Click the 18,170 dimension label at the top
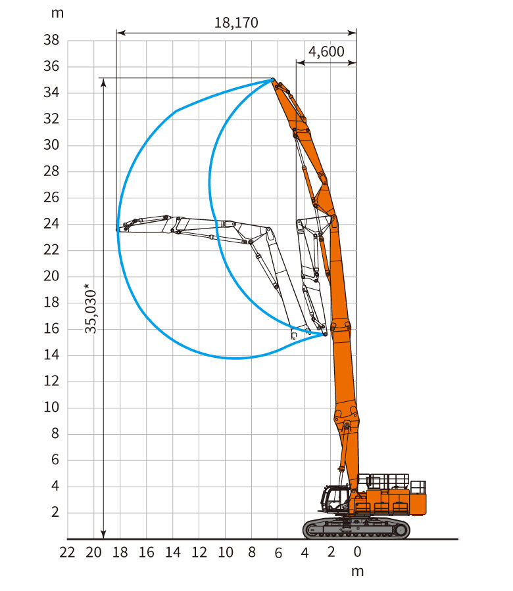[x=236, y=22]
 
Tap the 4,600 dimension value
[x=326, y=52]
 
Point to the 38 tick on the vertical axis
[x=51, y=40]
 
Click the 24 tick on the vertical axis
[x=51, y=224]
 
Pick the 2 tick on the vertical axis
[x=55, y=512]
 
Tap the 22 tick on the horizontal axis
[x=67, y=552]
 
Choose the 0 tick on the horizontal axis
[x=358, y=552]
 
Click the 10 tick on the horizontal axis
[x=226, y=552]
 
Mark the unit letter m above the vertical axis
[x=57, y=14]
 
